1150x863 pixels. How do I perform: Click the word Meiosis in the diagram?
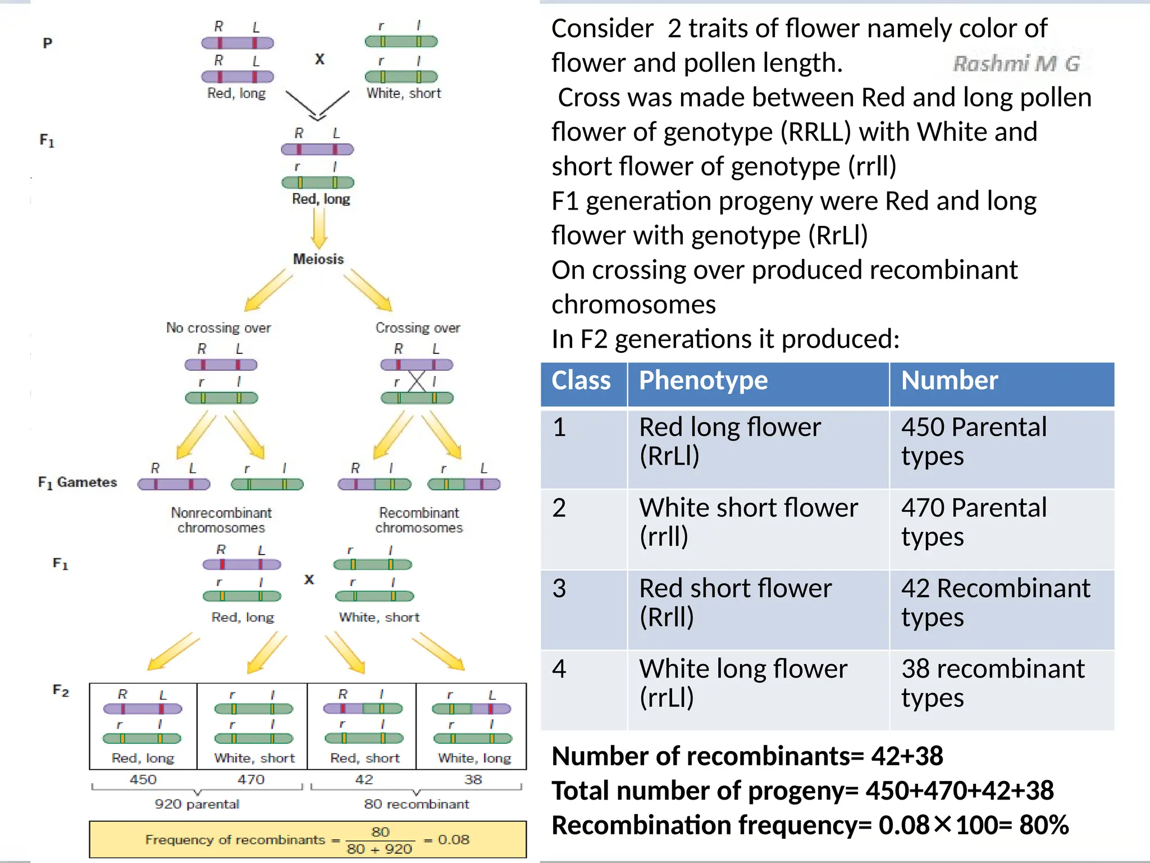coord(318,259)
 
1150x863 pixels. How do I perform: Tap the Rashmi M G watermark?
coord(1016,63)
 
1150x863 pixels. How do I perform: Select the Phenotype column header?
coord(703,380)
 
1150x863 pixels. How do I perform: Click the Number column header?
coord(950,380)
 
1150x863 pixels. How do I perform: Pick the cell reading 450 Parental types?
coord(974,442)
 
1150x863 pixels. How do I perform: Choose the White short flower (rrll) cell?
coord(749,522)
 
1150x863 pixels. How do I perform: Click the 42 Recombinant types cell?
coord(996,603)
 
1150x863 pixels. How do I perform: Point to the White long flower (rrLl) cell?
coord(743,683)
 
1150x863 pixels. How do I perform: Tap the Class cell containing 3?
coord(559,588)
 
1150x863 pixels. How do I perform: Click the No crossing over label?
coord(218,328)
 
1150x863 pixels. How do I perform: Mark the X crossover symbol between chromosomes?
coord(417,381)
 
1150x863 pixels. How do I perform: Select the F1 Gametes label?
coord(77,483)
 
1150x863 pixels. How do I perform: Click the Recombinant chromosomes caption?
coord(419,520)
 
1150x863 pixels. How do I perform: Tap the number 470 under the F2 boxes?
coord(251,780)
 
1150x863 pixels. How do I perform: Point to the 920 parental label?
coord(197,804)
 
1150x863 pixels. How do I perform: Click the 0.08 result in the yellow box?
coord(453,840)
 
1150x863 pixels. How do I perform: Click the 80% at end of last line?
coord(1044,825)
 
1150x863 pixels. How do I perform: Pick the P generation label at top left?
coord(48,43)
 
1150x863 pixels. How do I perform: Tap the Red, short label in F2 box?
coord(364,758)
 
